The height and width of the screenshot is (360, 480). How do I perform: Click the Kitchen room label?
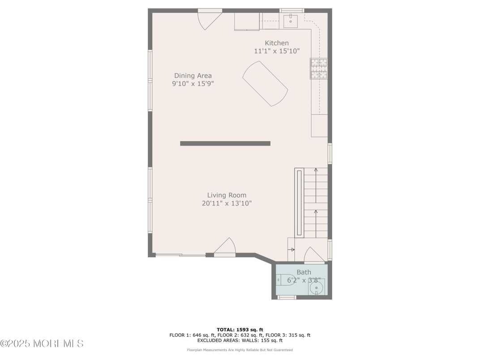point(276,43)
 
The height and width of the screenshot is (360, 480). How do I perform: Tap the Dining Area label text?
point(193,76)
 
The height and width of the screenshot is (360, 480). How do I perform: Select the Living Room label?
point(227,195)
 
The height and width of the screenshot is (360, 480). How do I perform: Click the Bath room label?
point(304,272)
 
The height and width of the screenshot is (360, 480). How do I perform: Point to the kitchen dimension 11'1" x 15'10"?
point(277,51)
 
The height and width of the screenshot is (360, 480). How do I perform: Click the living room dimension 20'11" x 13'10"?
point(227,203)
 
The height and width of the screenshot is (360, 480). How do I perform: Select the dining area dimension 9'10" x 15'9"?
point(193,84)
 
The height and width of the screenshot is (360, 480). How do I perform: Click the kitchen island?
point(265,84)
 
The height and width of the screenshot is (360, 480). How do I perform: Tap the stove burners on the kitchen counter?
point(319,69)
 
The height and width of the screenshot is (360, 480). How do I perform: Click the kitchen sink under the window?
point(291,21)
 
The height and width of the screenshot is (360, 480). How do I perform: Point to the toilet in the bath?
point(286,279)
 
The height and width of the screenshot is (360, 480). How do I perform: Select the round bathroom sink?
point(316,288)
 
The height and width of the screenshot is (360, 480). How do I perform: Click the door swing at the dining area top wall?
point(210,20)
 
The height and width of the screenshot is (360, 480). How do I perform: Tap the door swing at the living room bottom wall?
point(225,247)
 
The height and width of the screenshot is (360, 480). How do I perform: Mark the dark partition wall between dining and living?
point(225,144)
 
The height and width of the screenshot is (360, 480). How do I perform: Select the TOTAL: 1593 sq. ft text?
point(240,330)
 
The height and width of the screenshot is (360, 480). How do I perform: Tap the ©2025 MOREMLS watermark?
point(42,344)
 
